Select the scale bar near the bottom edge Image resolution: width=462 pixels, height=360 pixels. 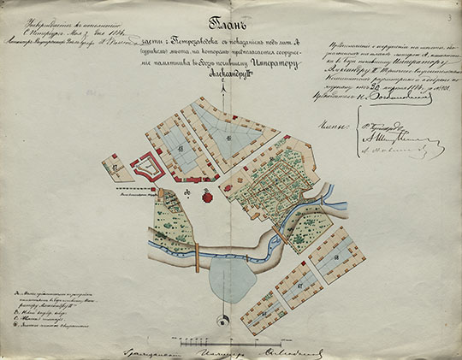click(258, 348)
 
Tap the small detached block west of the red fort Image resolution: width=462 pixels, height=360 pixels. click(111, 166)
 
